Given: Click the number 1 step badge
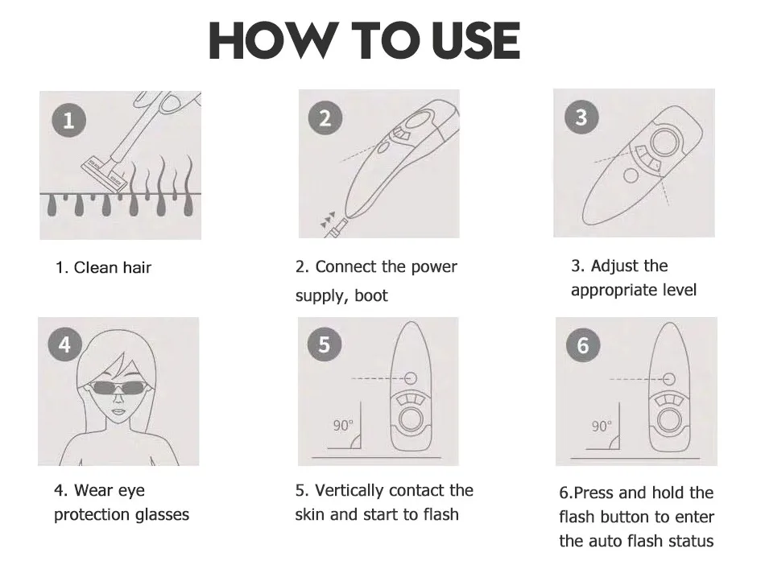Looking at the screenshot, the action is click(68, 120).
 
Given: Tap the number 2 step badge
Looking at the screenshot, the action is click(325, 118).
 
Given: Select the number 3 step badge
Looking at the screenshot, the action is click(581, 117).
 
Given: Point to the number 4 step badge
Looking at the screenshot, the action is click(65, 344).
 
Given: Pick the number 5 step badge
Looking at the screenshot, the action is click(325, 344).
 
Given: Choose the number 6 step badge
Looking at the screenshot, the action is click(583, 344).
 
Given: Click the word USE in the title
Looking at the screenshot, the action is click(476, 40).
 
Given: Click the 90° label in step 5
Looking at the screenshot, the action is click(343, 426).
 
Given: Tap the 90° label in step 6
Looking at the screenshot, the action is click(602, 426).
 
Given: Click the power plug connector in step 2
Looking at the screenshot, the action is click(337, 229).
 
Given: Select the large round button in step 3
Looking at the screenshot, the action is click(664, 142).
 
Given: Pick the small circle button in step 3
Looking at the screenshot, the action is click(631, 175).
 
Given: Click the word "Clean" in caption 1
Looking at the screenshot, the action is click(96, 267).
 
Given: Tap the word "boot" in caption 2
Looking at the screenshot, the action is click(370, 295).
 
